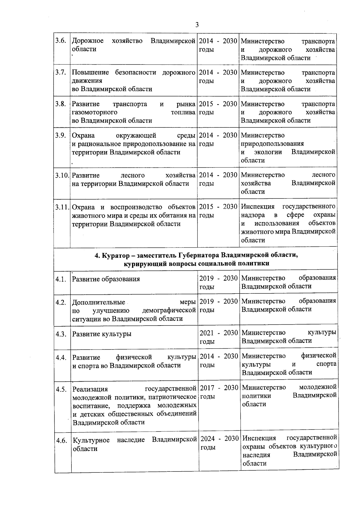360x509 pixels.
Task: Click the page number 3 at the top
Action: [197, 25]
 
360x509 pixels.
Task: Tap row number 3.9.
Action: [61, 135]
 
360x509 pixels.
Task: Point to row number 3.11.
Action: [62, 207]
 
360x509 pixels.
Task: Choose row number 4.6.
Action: [61, 441]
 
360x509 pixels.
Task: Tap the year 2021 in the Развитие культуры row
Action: [206, 333]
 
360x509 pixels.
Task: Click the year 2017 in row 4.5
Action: [207, 388]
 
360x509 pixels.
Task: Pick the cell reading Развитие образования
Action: [106, 279]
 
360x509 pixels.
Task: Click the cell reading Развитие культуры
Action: [102, 334]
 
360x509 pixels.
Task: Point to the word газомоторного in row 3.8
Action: [94, 112]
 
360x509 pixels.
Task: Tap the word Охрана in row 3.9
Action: [83, 135]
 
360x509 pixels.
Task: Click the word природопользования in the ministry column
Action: [272, 144]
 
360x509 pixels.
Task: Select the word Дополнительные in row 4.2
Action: [99, 302]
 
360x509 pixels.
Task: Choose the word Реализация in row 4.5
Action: [90, 389]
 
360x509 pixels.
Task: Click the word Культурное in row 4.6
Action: [91, 440]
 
